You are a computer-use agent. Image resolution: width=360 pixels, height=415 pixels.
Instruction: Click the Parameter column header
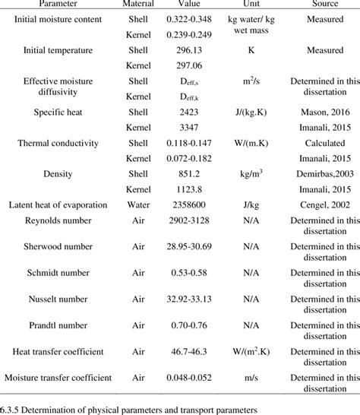[x=62, y=5]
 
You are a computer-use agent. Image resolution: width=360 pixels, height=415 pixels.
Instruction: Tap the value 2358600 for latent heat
[x=191, y=204]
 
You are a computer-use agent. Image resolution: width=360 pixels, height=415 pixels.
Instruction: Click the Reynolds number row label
[x=63, y=220]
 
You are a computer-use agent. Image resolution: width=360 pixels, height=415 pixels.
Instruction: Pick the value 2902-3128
[x=191, y=220]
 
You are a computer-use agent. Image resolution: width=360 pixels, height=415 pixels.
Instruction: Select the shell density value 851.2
[x=191, y=173]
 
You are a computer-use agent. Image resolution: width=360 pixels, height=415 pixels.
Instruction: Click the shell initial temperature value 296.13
[x=191, y=50]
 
